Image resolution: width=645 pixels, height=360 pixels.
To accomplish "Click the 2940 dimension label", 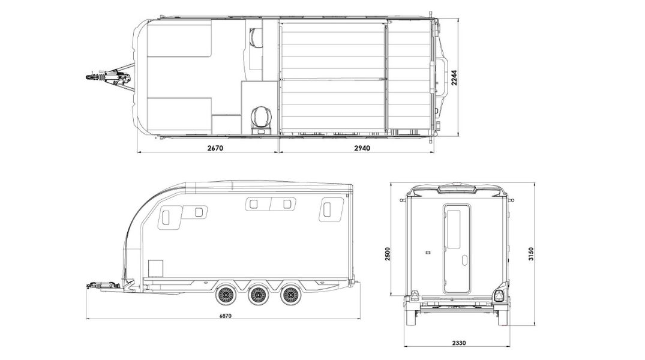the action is pyautogui.click(x=362, y=148).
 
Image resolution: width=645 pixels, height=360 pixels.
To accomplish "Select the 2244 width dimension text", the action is pyautogui.click(x=454, y=77).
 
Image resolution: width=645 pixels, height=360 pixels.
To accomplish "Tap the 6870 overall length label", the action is pyautogui.click(x=226, y=316).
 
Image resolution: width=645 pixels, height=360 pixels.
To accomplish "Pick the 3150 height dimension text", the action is pyautogui.click(x=530, y=254).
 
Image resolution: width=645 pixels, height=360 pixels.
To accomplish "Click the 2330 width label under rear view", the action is pyautogui.click(x=458, y=343).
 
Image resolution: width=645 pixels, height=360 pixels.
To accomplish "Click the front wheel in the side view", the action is pyautogui.click(x=224, y=295).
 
